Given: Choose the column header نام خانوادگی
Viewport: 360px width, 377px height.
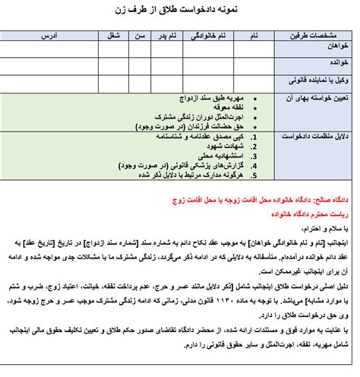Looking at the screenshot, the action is (x=211, y=36).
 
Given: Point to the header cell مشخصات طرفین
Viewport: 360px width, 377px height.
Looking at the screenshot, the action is (x=311, y=36).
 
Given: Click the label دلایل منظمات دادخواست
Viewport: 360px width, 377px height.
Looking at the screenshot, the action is (x=313, y=137).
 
